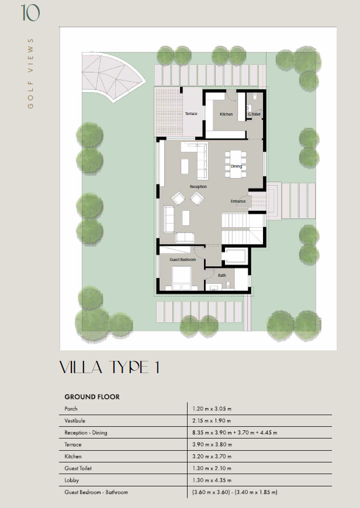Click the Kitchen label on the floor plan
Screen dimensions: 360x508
[x=226, y=114]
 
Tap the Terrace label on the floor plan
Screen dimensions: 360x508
[x=191, y=114]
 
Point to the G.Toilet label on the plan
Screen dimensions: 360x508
[x=254, y=114]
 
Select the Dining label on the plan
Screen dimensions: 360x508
[x=236, y=166]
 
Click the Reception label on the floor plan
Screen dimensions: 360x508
[x=198, y=187]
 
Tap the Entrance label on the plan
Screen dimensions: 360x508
[x=238, y=201]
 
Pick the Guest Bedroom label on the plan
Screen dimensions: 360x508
[x=182, y=259]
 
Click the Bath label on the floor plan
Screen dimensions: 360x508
[x=222, y=276]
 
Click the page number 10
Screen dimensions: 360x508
[x=30, y=13]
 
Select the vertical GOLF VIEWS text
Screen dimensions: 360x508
[x=30, y=73]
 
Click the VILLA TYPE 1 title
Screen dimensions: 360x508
[x=110, y=367]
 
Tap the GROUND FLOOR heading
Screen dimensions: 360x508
[x=92, y=397]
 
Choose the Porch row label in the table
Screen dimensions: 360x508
[x=71, y=409]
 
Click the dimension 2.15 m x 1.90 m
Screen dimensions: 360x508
[x=212, y=420]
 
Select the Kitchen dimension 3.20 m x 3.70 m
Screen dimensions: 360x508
[x=212, y=456]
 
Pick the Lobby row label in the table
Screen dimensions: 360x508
[x=72, y=480]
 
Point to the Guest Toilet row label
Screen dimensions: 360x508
[x=78, y=468]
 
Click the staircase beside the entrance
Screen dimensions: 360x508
[x=243, y=228]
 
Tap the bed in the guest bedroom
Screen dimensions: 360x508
[x=181, y=279]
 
